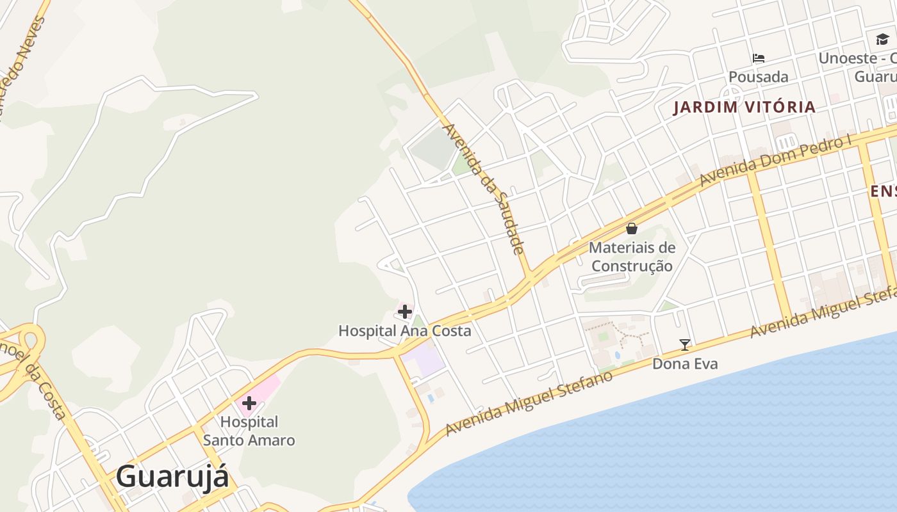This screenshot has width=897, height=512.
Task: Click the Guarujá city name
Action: tap(172, 477)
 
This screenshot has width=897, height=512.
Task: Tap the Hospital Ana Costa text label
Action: tap(404, 331)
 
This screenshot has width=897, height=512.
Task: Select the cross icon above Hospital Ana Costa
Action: tap(405, 312)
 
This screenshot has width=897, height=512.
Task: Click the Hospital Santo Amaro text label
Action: tap(249, 431)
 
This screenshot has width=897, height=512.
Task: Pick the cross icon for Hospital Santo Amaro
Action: tap(249, 403)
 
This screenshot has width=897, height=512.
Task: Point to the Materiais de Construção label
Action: tap(632, 257)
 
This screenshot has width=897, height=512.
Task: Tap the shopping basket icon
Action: tap(632, 228)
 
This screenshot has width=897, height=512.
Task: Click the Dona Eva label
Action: tap(685, 364)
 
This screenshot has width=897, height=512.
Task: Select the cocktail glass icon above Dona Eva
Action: tap(685, 345)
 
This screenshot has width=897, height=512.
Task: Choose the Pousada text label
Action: tap(759, 77)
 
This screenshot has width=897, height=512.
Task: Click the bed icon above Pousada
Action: tap(759, 58)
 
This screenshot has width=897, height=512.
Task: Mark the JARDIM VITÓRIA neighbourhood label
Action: tap(744, 107)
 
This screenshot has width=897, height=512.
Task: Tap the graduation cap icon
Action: tap(882, 40)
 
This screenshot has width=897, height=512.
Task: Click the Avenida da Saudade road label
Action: tap(484, 189)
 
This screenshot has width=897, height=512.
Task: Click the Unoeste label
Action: tap(857, 58)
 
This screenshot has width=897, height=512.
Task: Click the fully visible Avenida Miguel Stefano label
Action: tap(529, 404)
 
